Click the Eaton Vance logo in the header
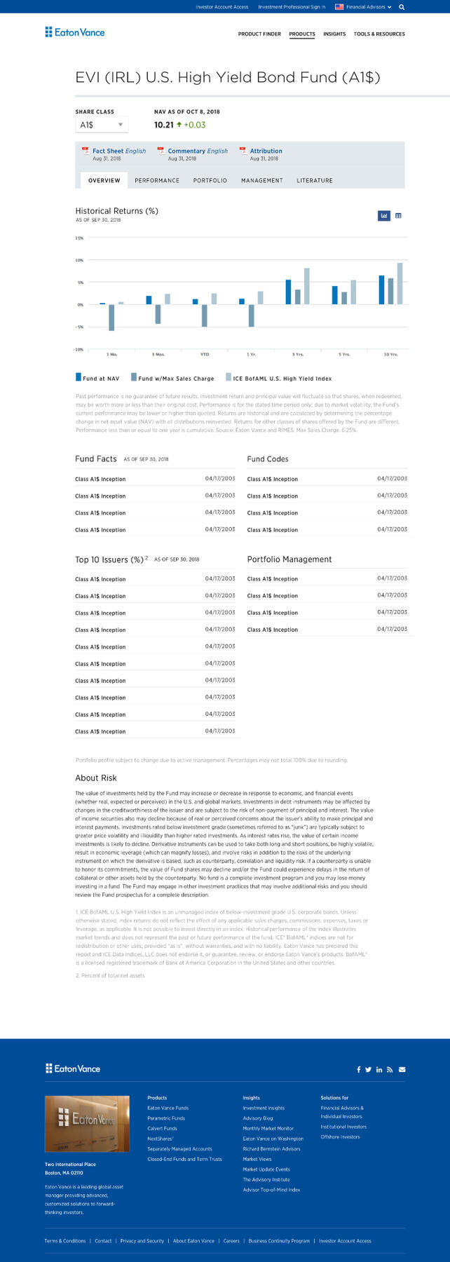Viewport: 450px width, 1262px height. [75, 32]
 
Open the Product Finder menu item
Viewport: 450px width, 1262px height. [259, 34]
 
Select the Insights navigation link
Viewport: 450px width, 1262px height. [334, 34]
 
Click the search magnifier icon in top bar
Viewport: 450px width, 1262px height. [402, 7]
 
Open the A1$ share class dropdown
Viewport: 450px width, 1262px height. [102, 125]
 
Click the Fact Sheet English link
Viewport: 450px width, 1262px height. [119, 151]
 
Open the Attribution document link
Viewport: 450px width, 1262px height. [266, 151]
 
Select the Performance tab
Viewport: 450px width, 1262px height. [157, 181]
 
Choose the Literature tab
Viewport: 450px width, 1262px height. [315, 181]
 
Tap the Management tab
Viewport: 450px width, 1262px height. [262, 181]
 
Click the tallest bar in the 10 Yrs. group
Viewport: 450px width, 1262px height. [400, 283]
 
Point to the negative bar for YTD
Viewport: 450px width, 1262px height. [205, 315]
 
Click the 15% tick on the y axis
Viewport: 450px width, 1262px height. [79, 238]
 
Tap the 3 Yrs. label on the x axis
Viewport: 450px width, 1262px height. [298, 355]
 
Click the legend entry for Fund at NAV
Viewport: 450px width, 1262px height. [97, 378]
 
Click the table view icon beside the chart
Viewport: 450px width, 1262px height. [398, 216]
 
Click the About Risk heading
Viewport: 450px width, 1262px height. [96, 778]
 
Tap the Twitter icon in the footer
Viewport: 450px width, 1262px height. [369, 1069]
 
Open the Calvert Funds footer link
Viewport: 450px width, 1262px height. [162, 1129]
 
